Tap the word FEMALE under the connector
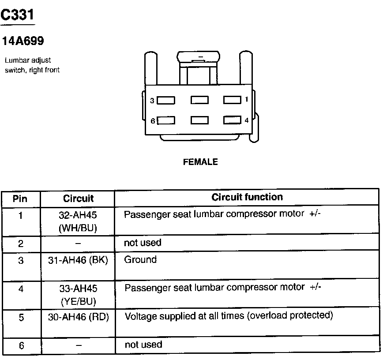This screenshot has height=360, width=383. pos(200,162)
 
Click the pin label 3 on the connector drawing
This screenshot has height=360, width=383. pos(152,101)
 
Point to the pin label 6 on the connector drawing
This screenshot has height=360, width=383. pos(153,120)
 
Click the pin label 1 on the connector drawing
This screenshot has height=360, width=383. pos(246,100)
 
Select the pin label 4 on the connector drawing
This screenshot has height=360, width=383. pos(246,120)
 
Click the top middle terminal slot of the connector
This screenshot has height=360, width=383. pos(199,100)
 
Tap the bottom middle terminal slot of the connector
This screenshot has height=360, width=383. pos(199,120)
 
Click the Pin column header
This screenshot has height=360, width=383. pos(20,199)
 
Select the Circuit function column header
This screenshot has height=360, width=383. pos(247,197)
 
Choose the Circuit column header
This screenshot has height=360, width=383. pos(78,199)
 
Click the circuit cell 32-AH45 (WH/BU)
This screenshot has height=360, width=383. pos(78,221)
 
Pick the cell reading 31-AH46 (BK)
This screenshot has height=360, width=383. pos(78,260)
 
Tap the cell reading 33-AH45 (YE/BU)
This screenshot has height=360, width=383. pos(78,295)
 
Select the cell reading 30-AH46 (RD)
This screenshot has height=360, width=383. pos(78,316)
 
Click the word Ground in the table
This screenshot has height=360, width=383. pos(140,260)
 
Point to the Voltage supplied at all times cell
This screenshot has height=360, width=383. pos(229,316)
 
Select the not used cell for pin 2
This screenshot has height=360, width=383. pos(143,243)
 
